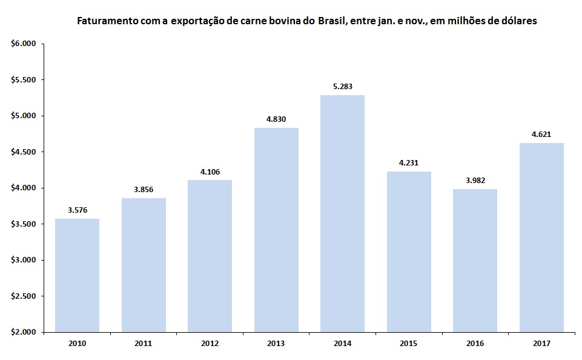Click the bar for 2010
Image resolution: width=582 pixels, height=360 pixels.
pyautogui.click(x=77, y=275)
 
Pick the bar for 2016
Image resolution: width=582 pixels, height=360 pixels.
pyautogui.click(x=475, y=261)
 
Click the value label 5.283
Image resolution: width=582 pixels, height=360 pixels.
pyautogui.click(x=342, y=87)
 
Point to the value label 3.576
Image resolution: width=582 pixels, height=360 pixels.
pyautogui.click(x=77, y=210)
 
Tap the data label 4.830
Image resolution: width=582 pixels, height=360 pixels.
pyautogui.click(x=276, y=119)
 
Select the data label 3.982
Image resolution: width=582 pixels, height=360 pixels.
pyautogui.click(x=475, y=181)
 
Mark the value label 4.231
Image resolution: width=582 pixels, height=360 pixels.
pyautogui.click(x=409, y=162)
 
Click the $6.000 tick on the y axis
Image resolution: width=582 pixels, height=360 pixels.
pyautogui.click(x=24, y=44)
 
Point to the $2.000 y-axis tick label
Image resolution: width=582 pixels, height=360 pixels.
pyautogui.click(x=24, y=332)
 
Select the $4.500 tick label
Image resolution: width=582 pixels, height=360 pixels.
pyautogui.click(x=24, y=152)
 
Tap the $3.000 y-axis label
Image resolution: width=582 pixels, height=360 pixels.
pyautogui.click(x=24, y=260)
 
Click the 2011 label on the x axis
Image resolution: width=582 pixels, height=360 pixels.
pyautogui.click(x=144, y=344)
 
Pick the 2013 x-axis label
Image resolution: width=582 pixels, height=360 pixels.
pyautogui.click(x=276, y=344)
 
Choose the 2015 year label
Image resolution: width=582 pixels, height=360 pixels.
pyautogui.click(x=409, y=344)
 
